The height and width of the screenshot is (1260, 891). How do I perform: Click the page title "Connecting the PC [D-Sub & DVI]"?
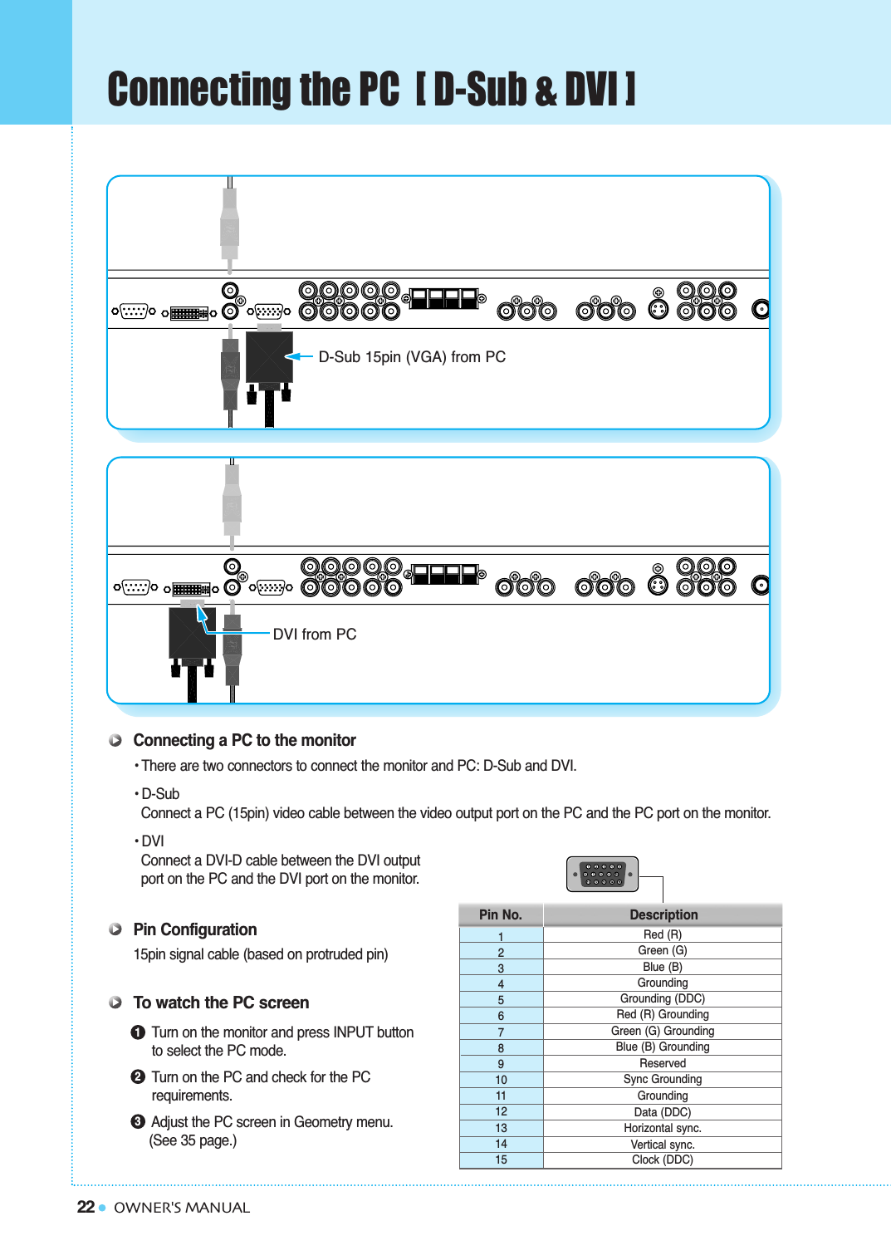[x=371, y=90]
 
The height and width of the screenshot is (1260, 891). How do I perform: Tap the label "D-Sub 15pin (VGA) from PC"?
[x=412, y=357]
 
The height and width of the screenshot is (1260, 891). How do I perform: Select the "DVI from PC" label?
[x=315, y=635]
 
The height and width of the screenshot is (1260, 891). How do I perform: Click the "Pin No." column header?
[x=501, y=914]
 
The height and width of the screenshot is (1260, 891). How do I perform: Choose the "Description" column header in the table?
[x=663, y=914]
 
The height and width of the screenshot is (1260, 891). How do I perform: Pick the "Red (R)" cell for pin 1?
[x=663, y=934]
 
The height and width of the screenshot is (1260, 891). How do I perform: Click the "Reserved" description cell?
[x=663, y=1063]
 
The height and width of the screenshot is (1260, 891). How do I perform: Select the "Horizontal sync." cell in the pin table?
[x=663, y=1128]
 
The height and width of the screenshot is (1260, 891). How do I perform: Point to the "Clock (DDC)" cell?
[x=663, y=1160]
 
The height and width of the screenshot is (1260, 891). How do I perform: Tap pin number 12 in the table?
[x=501, y=1111]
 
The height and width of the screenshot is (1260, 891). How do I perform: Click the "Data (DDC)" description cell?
[x=663, y=1112]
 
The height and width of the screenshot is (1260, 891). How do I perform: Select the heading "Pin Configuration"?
[x=195, y=929]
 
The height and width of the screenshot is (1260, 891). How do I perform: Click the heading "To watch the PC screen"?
[x=221, y=1003]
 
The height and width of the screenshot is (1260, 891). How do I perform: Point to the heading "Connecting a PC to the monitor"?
[x=244, y=740]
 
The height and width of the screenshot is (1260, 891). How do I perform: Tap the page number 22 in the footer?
[x=86, y=1207]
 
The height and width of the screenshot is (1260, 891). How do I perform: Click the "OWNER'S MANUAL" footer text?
[x=182, y=1208]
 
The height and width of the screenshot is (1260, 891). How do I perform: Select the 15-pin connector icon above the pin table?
[x=602, y=874]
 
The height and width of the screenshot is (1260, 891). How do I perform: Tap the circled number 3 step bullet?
[x=138, y=1121]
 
